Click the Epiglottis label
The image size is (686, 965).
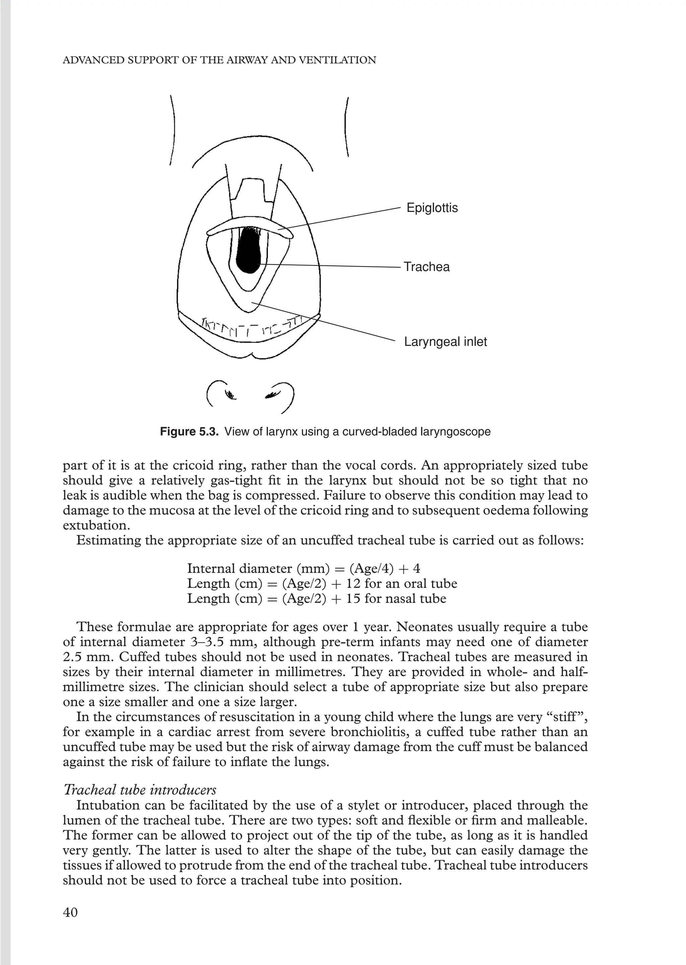point(432,208)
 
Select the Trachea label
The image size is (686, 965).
point(427,267)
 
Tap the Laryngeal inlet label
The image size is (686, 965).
point(445,342)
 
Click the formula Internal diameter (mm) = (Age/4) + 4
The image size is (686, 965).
point(303,568)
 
